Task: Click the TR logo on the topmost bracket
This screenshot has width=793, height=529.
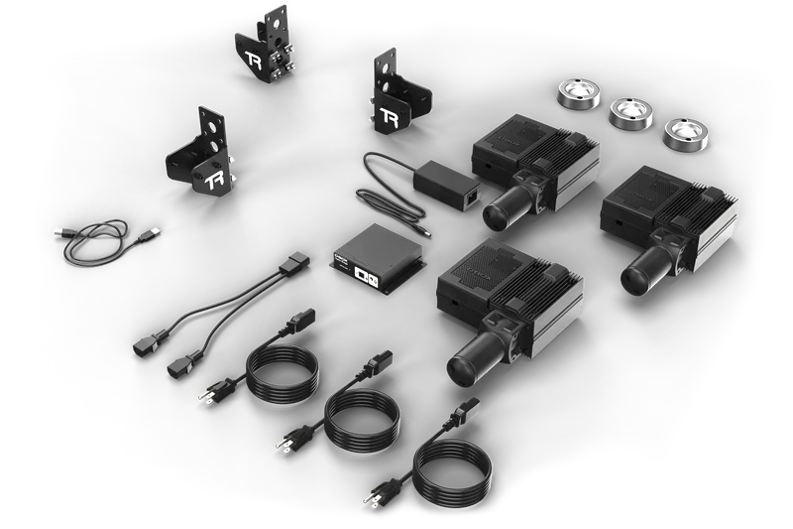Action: [254, 58]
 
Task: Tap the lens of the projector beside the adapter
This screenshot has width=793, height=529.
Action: [494, 210]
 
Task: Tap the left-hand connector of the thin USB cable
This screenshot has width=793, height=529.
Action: [61, 232]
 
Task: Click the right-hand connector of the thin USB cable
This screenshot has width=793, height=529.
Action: [151, 234]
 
